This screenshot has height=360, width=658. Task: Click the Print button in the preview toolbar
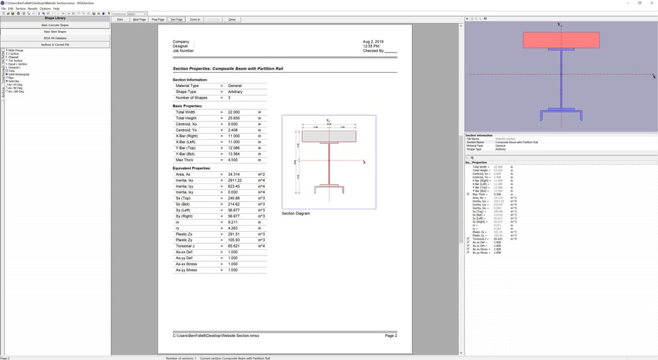coord(120,19)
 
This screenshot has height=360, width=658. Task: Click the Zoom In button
coord(195,19)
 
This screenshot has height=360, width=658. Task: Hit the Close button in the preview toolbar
coord(232,19)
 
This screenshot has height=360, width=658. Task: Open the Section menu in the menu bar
coord(21,9)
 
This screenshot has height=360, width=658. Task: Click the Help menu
coord(56,9)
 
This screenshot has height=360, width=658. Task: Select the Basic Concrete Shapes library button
coord(55,25)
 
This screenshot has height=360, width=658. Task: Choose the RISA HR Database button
coord(55,38)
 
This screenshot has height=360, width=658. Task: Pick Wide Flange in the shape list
coord(15,50)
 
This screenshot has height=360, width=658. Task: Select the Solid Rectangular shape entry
coord(19,73)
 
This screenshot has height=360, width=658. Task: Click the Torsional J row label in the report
coord(187,246)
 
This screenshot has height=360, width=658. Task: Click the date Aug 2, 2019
coord(374,42)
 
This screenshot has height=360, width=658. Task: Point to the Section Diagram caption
coord(296,213)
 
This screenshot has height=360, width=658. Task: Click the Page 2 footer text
coord(391,336)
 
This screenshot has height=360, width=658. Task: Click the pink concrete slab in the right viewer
coord(561,40)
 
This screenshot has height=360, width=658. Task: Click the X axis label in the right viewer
coord(654,76)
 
